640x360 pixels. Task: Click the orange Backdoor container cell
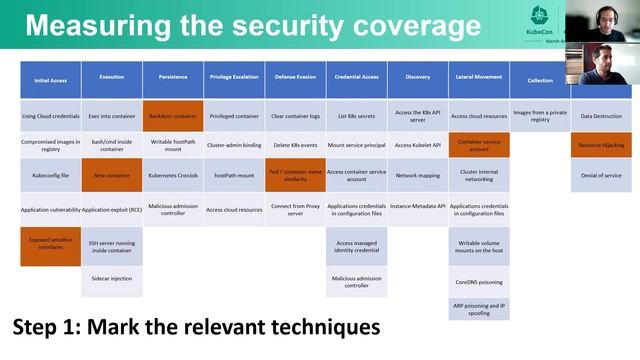172,116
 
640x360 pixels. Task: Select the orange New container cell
111,175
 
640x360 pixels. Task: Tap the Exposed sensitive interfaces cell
50,244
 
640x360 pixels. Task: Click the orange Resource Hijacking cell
601,145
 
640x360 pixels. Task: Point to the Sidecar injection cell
111,279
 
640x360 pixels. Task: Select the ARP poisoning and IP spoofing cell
478,308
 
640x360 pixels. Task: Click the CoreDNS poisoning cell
478,282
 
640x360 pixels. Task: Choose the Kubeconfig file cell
50,175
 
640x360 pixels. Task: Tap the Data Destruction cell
601,116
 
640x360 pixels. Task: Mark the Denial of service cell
601,175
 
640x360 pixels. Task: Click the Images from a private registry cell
539,116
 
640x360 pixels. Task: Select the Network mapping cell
417,175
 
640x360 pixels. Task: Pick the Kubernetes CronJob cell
172,175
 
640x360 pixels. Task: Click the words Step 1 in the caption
49,328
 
